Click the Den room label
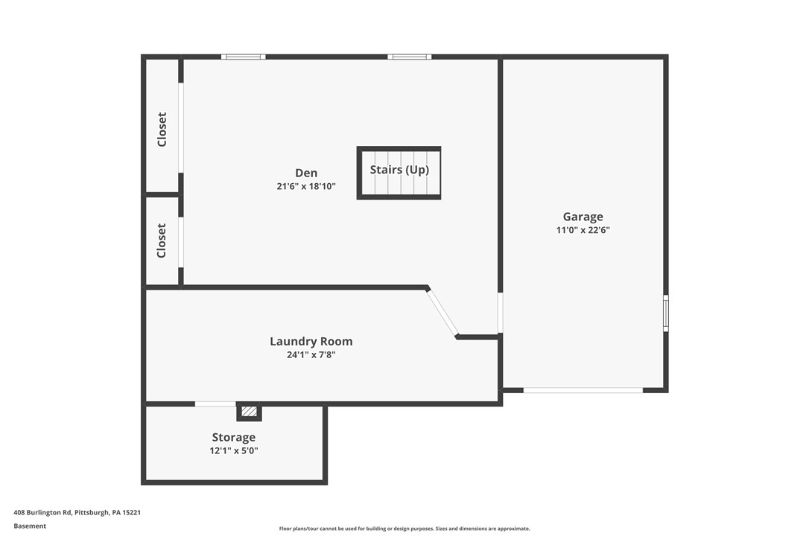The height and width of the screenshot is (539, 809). point(306,173)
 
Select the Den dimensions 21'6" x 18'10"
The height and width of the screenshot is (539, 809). point(306,187)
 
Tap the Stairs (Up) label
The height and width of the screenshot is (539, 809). point(399,170)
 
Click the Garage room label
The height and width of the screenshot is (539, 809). point(583,217)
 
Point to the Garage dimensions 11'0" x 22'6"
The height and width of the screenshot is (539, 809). point(583,230)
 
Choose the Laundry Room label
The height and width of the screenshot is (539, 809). point(311,341)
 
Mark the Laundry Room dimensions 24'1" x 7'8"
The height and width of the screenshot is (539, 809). point(311,355)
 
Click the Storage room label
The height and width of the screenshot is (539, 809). point(233,437)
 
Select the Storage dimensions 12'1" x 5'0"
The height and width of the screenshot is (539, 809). point(233,450)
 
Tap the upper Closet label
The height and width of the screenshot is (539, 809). point(162,129)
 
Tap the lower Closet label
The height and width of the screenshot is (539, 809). point(162,240)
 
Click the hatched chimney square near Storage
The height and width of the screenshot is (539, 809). point(249,411)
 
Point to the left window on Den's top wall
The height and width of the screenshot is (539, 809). point(243,57)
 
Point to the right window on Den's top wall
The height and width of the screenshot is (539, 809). point(409,57)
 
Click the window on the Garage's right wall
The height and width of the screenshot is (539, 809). point(665,313)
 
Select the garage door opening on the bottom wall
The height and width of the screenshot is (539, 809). point(583,389)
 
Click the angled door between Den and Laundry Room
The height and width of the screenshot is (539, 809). point(442,313)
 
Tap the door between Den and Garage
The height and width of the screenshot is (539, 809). point(500,313)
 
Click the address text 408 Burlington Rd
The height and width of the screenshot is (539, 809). point(77,512)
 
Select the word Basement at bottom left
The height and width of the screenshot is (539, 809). point(30,526)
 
